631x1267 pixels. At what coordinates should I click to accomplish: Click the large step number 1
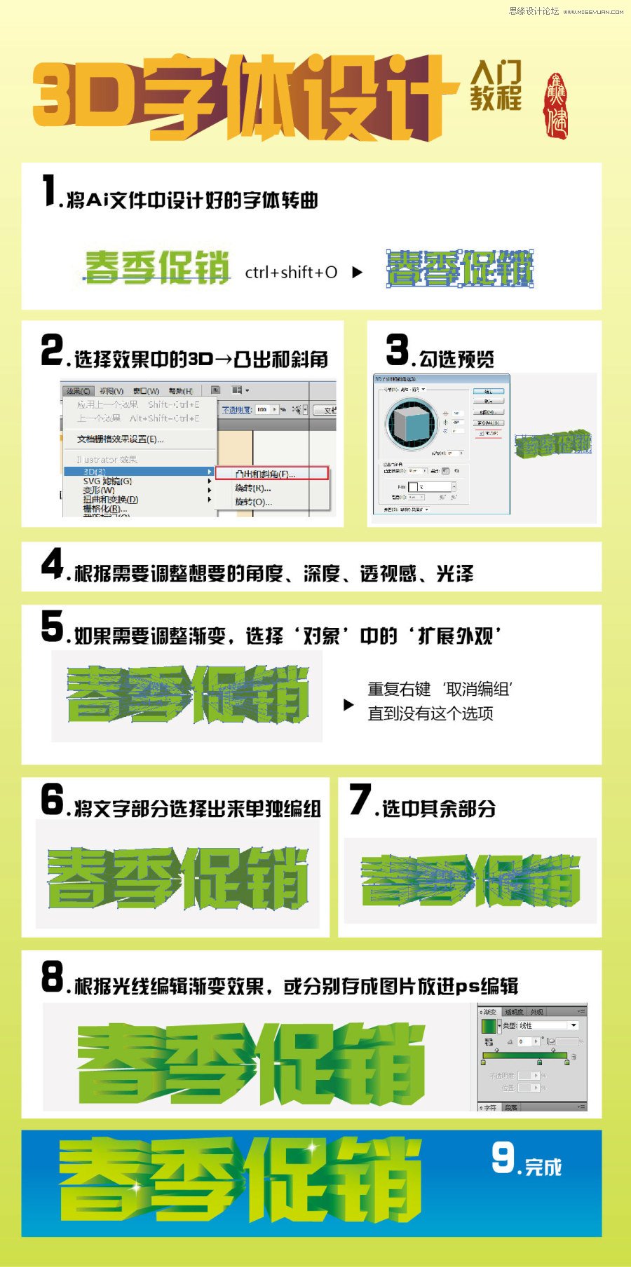point(49,191)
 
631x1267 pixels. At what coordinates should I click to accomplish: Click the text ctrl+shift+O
point(291,273)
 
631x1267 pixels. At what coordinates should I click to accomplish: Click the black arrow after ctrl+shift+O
point(357,273)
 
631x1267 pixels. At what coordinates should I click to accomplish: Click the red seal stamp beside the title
point(557,105)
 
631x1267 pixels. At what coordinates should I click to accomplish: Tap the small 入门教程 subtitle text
point(496,85)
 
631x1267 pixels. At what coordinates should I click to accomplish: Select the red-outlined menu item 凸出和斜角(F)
point(271,474)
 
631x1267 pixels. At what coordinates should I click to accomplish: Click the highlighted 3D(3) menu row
point(137,472)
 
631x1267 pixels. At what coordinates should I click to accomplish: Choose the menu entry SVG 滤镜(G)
point(107,481)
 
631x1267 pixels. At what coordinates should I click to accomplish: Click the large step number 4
point(53,563)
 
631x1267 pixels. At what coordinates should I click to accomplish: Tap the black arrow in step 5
point(348,705)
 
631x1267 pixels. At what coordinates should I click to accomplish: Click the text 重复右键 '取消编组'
point(440,690)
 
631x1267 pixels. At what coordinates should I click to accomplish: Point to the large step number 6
point(52,800)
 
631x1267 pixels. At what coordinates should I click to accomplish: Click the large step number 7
point(360,800)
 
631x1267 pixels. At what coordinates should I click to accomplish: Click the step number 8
point(53,977)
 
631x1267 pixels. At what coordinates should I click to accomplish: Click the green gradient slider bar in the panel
point(524,1055)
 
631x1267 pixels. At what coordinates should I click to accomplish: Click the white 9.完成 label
point(526,1159)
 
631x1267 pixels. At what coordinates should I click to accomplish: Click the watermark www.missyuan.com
point(593,12)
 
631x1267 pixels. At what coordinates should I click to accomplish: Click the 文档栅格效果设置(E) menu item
point(120,439)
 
